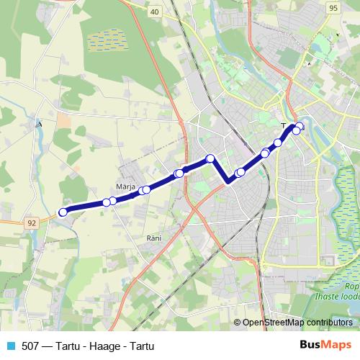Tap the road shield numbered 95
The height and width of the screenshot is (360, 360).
click(x=332, y=8)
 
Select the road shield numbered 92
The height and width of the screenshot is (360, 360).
click(x=32, y=223)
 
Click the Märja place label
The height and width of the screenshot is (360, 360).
click(x=126, y=187)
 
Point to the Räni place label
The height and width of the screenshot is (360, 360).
click(x=153, y=238)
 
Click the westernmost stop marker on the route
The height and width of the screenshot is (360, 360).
click(x=63, y=212)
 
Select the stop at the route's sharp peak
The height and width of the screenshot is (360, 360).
click(x=210, y=158)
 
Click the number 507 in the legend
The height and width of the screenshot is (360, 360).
click(x=31, y=346)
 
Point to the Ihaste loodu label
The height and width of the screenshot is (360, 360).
click(x=336, y=294)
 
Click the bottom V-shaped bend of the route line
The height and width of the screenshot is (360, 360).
click(x=229, y=181)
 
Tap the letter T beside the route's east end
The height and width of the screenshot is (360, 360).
click(x=283, y=125)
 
